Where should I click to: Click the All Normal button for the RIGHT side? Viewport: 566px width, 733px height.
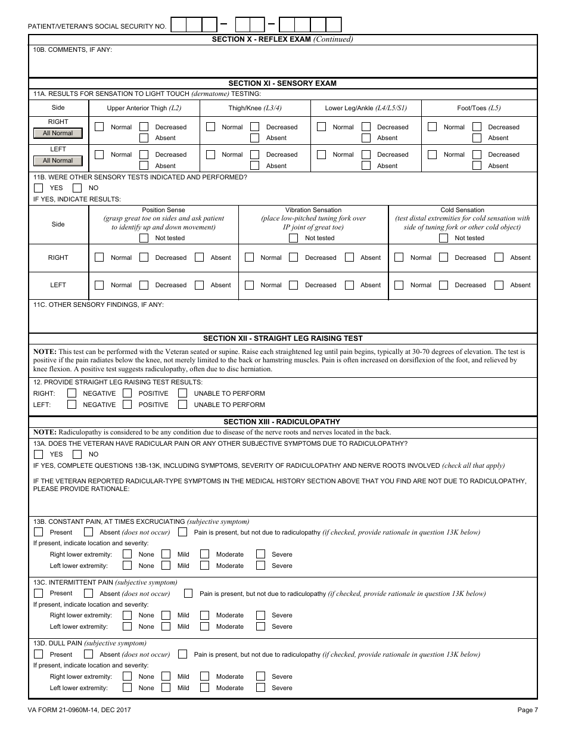pyautogui.click(x=58, y=133)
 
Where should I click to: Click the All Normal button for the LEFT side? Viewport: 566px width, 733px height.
pyautogui.click(x=58, y=161)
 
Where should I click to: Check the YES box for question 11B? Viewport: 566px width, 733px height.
pyautogui.click(x=39, y=188)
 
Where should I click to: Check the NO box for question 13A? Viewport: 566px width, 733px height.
pyautogui.click(x=77, y=454)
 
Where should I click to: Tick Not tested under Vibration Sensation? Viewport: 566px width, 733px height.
pyautogui.click(x=293, y=238)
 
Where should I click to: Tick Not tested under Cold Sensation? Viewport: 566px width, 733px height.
pyautogui.click(x=443, y=238)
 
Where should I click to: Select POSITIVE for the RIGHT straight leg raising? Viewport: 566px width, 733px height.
pyautogui.click(x=127, y=393)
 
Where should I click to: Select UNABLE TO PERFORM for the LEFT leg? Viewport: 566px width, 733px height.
pyautogui.click(x=182, y=405)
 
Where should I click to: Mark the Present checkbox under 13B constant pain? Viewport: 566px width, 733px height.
pyautogui.click(x=39, y=532)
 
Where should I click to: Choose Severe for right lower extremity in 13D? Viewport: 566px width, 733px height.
pyautogui.click(x=261, y=676)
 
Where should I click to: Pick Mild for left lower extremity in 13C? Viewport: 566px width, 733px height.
pyautogui.click(x=166, y=626)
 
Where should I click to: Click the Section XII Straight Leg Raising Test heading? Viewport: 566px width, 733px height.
pyautogui.click(x=282, y=338)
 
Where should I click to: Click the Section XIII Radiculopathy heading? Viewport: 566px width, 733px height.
pyautogui.click(x=282, y=422)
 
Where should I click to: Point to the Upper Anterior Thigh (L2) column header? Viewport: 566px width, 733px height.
pyautogui.click(x=144, y=108)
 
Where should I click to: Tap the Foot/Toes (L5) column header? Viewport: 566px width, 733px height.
pyautogui.click(x=478, y=108)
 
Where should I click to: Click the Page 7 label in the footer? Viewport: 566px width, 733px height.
pyautogui.click(x=527, y=710)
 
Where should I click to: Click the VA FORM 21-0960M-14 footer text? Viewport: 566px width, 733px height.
pyautogui.click(x=79, y=710)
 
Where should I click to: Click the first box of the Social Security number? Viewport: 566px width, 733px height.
pyautogui.click(x=178, y=24)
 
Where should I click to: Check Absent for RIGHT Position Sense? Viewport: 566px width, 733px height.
pyautogui.click(x=200, y=257)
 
